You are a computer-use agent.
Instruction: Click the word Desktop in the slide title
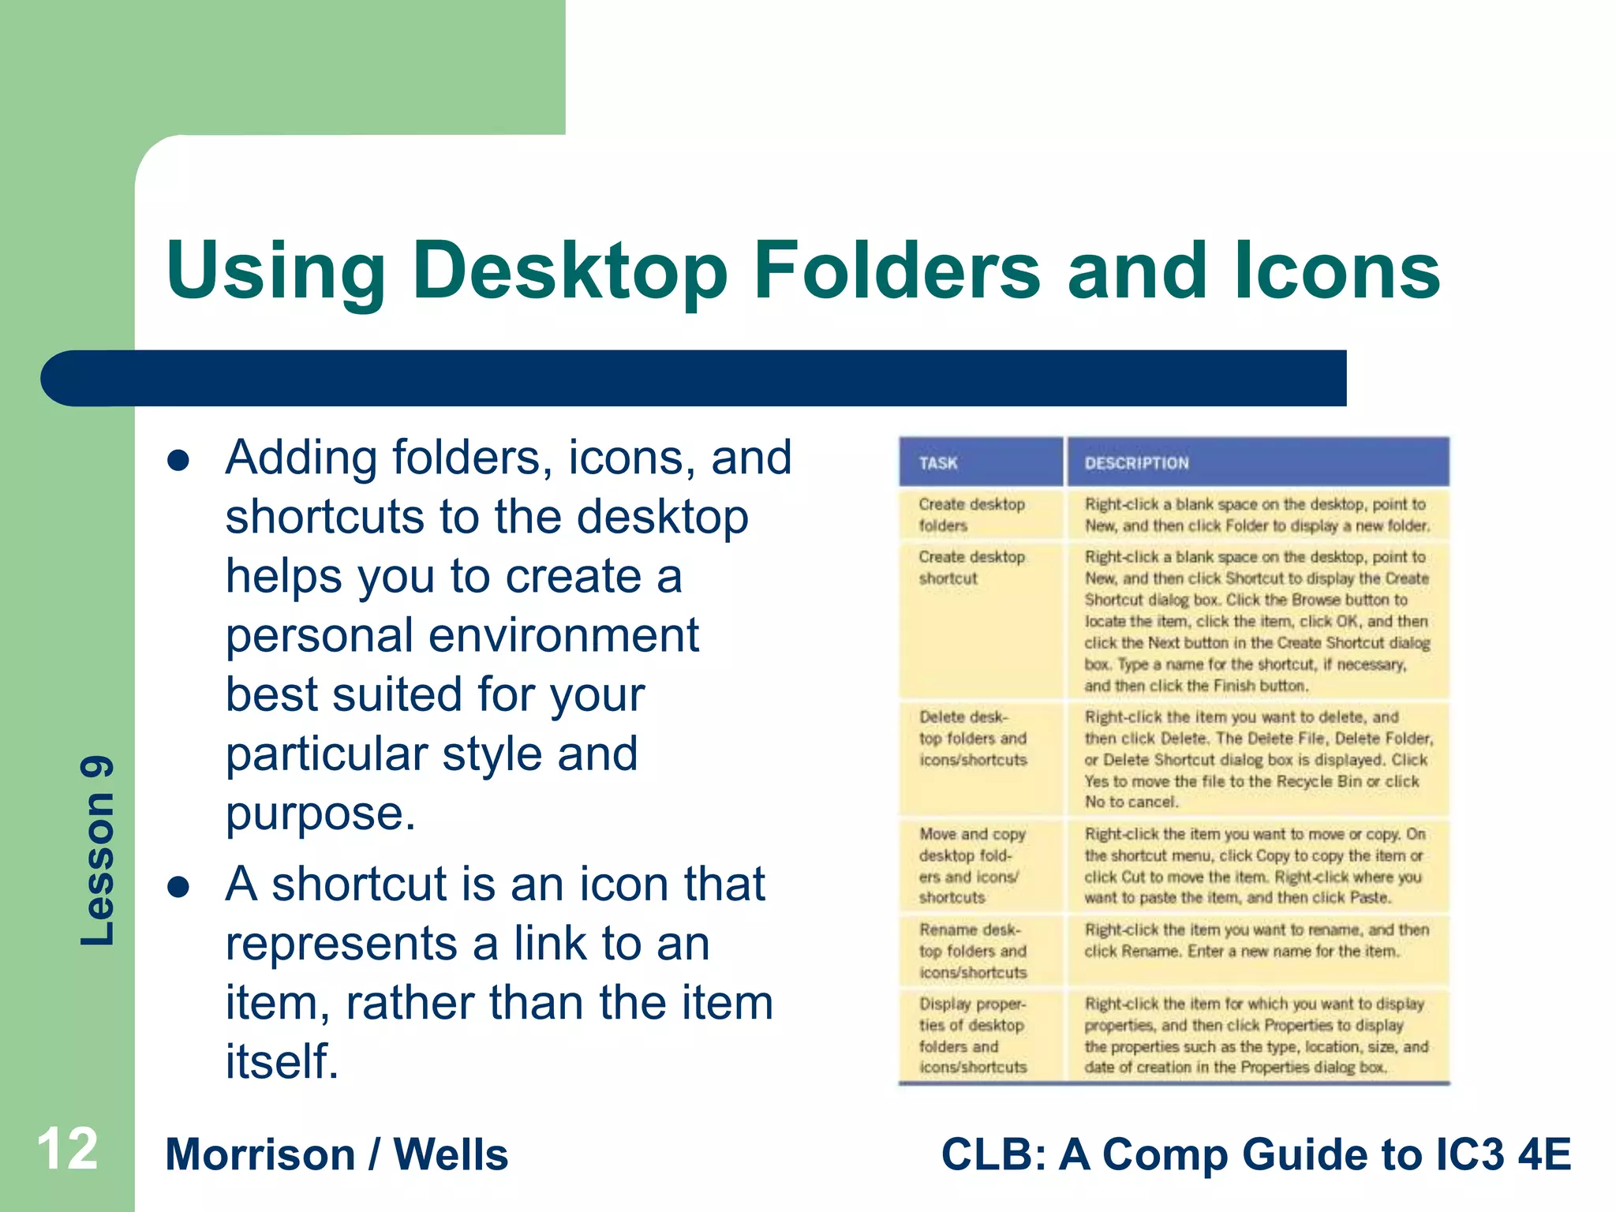pos(569,272)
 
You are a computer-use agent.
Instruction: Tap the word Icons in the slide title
pos(1337,272)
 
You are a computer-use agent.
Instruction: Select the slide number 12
pos(67,1150)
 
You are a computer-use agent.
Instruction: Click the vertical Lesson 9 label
pos(98,851)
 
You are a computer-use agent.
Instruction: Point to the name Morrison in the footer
pos(260,1155)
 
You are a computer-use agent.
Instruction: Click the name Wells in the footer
pos(451,1155)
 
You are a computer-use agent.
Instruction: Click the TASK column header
pos(937,463)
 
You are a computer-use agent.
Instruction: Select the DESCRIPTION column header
pos(1136,463)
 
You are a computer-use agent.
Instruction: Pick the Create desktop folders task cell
pos(971,514)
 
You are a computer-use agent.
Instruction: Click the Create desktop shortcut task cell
pos(971,567)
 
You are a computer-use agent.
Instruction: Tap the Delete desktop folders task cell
pos(972,739)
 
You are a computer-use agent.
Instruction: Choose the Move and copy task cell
pos(971,866)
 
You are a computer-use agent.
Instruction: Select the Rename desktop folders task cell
pos(972,951)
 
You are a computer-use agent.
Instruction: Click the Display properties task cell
pos(972,1035)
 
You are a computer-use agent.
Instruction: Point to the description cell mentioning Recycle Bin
pos(1258,759)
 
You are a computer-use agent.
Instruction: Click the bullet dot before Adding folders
pos(179,461)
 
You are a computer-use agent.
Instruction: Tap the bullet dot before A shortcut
pos(179,888)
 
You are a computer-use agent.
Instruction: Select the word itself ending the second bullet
pos(282,1061)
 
